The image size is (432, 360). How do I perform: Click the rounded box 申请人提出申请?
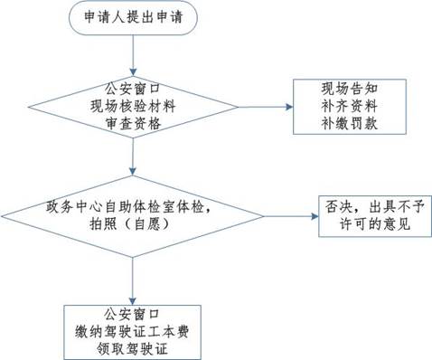(133, 19)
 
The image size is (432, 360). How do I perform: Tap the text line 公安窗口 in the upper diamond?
(133, 89)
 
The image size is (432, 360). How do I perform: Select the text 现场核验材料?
(133, 107)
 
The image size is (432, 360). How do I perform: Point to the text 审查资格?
(133, 125)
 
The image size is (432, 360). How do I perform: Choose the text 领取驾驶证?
(133, 345)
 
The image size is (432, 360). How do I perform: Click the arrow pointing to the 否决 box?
(295, 214)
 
